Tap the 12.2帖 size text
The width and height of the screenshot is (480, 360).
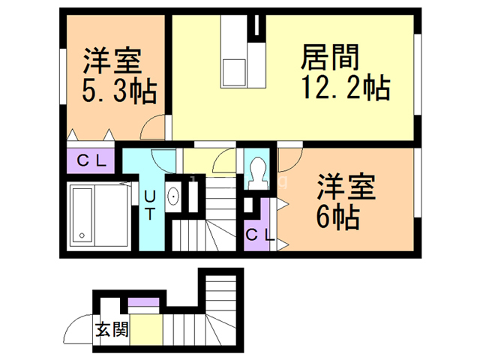(x=346, y=88)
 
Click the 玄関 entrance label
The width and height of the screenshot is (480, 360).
(x=111, y=330)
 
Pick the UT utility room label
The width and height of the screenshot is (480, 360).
(x=150, y=204)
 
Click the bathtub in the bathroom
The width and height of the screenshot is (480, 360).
(x=82, y=215)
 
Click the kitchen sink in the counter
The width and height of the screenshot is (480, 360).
(x=235, y=71)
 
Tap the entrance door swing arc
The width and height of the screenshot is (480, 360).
(x=76, y=327)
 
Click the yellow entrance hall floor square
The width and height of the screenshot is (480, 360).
(x=146, y=328)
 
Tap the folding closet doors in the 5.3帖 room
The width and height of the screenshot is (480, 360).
(x=91, y=135)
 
